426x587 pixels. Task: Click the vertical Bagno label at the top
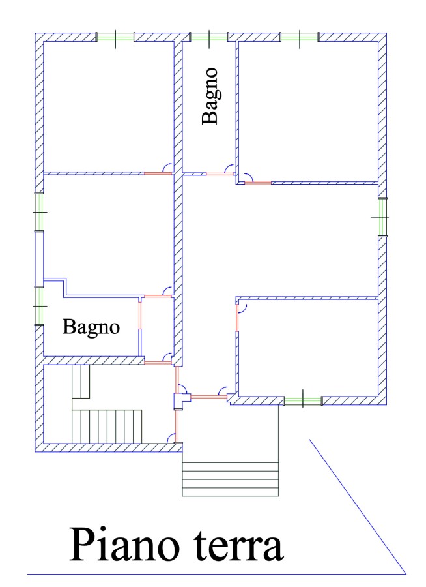(210, 96)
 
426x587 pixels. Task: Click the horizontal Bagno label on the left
(91, 327)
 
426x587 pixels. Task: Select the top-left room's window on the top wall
(115, 37)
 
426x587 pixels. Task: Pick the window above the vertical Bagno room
(209, 37)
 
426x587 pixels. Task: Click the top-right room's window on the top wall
(300, 37)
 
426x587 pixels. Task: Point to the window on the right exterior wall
(382, 217)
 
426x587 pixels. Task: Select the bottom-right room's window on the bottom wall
(303, 401)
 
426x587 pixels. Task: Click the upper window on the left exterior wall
(39, 212)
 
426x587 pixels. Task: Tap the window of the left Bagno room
(39, 306)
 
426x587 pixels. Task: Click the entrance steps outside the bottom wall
(231, 479)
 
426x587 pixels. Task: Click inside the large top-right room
(308, 111)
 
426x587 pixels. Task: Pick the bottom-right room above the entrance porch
(308, 348)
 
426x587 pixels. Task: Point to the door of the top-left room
(158, 173)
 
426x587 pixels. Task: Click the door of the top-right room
(257, 183)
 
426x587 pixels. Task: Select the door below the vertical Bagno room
(221, 173)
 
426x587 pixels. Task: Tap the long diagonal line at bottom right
(358, 507)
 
